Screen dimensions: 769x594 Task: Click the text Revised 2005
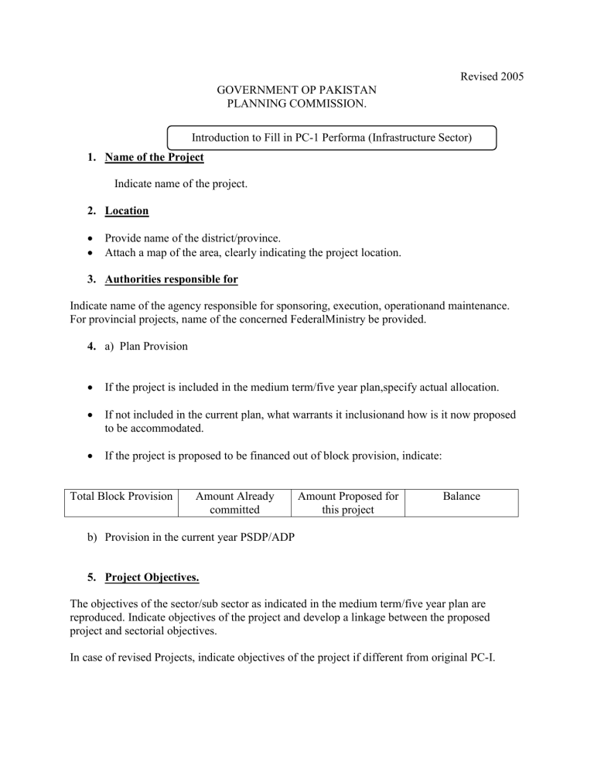click(x=492, y=77)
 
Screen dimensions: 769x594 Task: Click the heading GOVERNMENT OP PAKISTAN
click(x=297, y=91)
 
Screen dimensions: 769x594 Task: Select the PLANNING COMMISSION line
click(x=297, y=104)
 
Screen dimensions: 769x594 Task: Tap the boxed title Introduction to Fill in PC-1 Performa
click(x=333, y=138)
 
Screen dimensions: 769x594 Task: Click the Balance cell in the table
click(x=462, y=495)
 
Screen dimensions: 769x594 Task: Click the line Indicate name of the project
click(x=181, y=184)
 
